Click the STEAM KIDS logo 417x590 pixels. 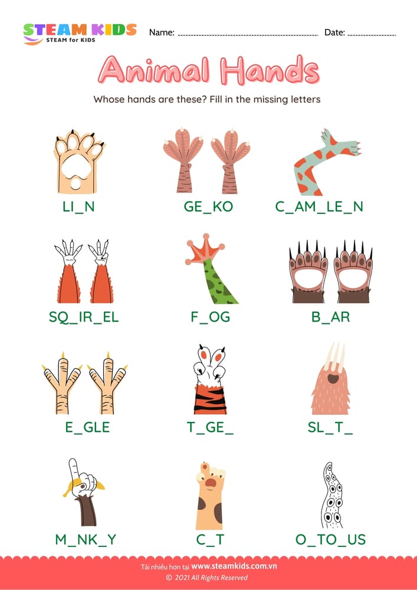point(79,32)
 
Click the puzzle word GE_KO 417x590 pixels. point(208,206)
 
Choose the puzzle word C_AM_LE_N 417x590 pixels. point(319,206)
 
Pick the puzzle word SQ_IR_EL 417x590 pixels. point(84,317)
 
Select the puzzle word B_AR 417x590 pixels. point(330,317)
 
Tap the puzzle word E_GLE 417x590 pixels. point(87,427)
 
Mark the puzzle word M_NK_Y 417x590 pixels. point(87,539)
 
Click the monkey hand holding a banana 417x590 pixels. point(83,492)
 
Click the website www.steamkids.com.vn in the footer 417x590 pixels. point(234,566)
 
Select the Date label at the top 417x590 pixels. point(334,32)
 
